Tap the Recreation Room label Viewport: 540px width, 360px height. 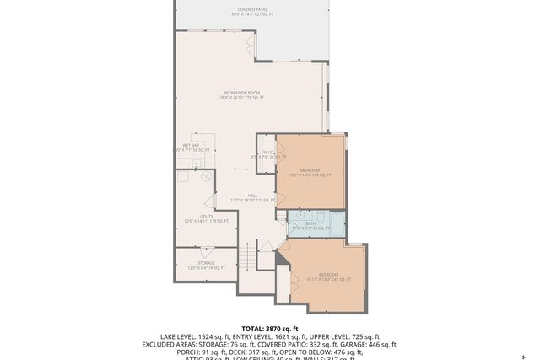pos(243,95)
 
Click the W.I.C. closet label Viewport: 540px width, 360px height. pos(267,154)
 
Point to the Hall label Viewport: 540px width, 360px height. pos(251,198)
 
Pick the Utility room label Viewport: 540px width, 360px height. pos(207,219)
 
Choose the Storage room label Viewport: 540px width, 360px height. pos(207,266)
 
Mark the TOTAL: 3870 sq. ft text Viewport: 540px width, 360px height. pos(269,328)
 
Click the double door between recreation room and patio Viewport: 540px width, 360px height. pos(250,43)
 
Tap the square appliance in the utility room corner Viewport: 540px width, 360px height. pos(181,176)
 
